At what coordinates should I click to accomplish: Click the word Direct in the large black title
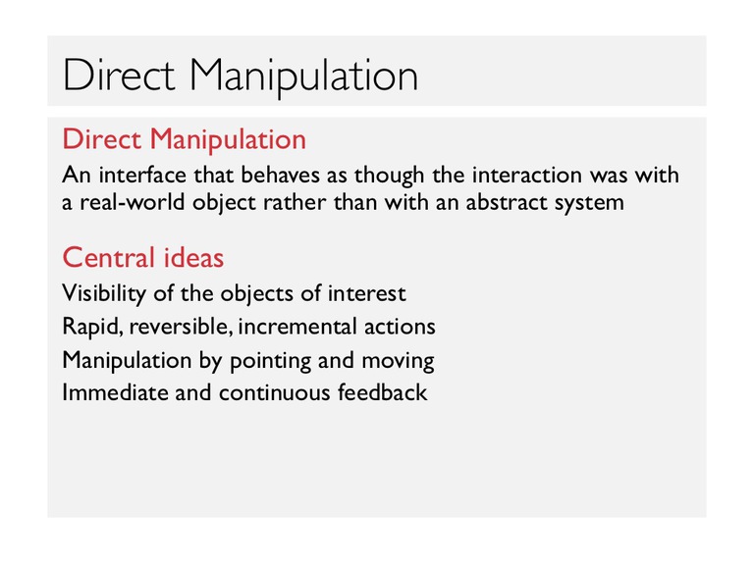tap(119, 75)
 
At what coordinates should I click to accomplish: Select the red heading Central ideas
tap(143, 258)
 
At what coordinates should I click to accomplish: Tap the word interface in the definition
tap(142, 175)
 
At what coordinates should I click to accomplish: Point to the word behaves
tap(280, 175)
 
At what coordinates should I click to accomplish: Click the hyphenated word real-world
tap(132, 202)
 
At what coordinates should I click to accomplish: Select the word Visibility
tap(104, 293)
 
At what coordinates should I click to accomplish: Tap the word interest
tap(367, 293)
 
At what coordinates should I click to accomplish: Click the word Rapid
tap(93, 328)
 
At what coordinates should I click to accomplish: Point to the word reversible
tap(181, 327)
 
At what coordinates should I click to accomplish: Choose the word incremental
tap(297, 327)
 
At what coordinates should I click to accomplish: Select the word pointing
tap(270, 361)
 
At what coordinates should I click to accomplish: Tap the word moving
tap(399, 361)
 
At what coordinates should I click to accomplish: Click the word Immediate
tap(115, 392)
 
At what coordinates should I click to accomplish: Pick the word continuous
tap(275, 393)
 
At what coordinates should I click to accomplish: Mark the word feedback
tap(382, 392)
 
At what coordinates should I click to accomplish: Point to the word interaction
tap(527, 175)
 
